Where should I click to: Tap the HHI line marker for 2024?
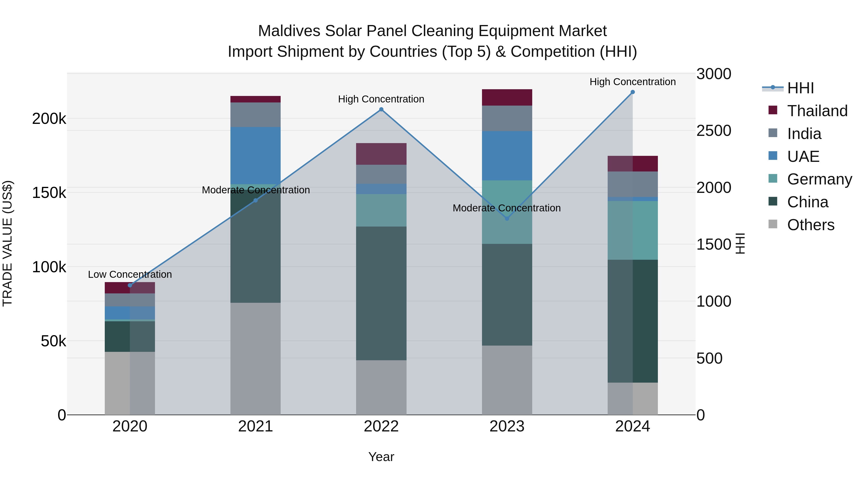633,92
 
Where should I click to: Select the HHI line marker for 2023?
507,218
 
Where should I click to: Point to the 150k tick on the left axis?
49,193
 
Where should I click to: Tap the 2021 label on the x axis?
256,426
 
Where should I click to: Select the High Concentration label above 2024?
633,82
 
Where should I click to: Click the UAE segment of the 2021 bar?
256,155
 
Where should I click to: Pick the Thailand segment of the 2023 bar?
507,97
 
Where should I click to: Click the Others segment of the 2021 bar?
256,359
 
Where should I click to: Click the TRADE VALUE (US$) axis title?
8,243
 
